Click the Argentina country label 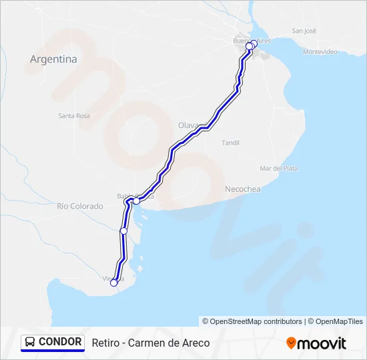(x=53, y=59)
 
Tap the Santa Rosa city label (x=74, y=115)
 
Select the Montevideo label (x=320, y=51)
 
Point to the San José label (x=304, y=31)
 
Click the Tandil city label (x=230, y=143)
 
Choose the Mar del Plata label (x=279, y=168)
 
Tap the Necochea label (x=243, y=189)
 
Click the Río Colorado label (x=80, y=206)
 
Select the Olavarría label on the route (x=189, y=125)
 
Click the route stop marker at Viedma (x=113, y=283)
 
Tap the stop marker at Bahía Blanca (x=136, y=200)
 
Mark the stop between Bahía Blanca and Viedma (x=123, y=231)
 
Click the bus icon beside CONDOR (x=31, y=342)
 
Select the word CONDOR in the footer (x=60, y=342)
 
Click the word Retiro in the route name (x=105, y=343)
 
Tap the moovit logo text (x=322, y=343)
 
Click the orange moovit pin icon (x=291, y=343)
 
